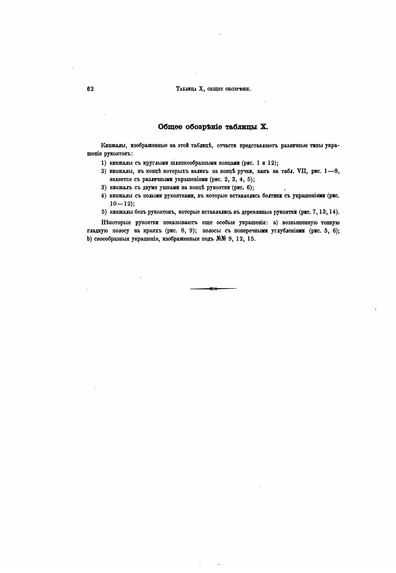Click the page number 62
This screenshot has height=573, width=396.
pyautogui.click(x=90, y=89)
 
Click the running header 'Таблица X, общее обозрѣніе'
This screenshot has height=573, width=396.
pyautogui.click(x=213, y=89)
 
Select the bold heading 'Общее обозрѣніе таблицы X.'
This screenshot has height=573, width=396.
pyautogui.click(x=213, y=127)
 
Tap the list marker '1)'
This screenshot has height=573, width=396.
pyautogui.click(x=104, y=163)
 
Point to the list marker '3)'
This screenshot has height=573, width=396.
pyautogui.click(x=104, y=188)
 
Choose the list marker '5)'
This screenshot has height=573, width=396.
pyautogui.click(x=104, y=212)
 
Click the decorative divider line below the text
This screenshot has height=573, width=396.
pyautogui.click(x=213, y=288)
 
